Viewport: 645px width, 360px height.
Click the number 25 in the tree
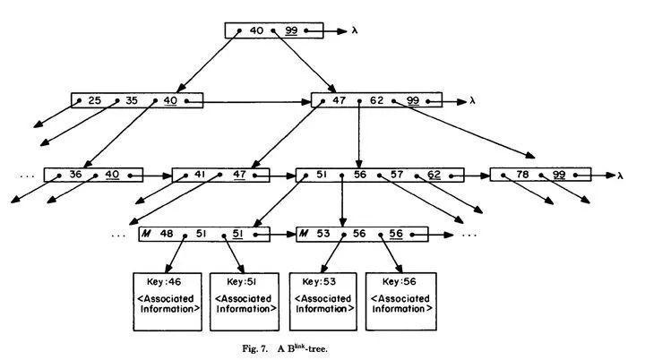tap(94, 100)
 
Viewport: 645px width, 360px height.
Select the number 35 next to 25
tap(132, 100)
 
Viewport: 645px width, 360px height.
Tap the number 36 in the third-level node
tap(75, 175)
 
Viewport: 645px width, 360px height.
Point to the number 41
tap(201, 175)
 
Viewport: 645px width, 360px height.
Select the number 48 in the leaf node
tap(167, 235)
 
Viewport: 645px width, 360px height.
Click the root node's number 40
tap(256, 30)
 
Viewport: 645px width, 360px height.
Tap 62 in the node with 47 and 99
tap(376, 100)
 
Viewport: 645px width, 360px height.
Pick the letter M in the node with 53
tap(305, 235)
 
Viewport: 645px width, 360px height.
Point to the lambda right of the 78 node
tap(620, 175)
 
